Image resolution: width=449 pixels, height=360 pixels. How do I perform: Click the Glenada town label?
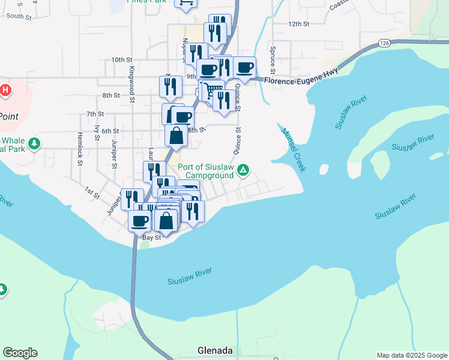[x=215, y=350]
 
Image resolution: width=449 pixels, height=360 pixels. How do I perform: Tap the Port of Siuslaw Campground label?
[x=209, y=171]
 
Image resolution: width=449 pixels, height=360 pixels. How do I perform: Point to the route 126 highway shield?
[x=385, y=43]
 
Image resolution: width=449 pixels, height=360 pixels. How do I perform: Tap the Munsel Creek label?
[x=294, y=150]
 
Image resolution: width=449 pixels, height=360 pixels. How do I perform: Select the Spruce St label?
[x=273, y=58]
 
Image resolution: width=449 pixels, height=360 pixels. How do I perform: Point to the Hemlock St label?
[x=79, y=149]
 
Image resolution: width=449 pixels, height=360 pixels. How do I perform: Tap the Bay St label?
[x=151, y=238]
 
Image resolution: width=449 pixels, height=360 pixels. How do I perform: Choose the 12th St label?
[x=298, y=24]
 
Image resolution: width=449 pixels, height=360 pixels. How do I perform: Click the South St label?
[x=19, y=16]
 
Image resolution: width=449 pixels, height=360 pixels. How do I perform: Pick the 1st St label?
[x=91, y=192]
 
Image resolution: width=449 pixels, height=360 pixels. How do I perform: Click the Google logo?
[x=20, y=353]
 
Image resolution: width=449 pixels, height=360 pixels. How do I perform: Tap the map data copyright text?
[x=411, y=355]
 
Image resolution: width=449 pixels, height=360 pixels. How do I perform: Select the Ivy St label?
[x=97, y=133]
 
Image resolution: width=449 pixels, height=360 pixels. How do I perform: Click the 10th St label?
[x=121, y=60]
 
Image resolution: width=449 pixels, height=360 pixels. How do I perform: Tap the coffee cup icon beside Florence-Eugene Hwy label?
[x=244, y=68]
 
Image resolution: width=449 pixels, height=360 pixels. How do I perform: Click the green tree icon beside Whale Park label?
[x=35, y=143]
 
